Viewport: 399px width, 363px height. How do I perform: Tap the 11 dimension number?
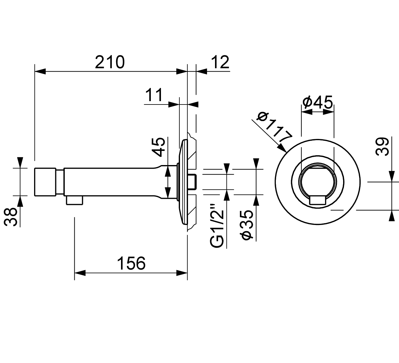[154, 95]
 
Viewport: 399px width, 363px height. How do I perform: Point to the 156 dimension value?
[131, 263]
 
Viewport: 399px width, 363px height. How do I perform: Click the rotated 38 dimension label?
[11, 217]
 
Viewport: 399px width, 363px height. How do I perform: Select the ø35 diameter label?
[247, 225]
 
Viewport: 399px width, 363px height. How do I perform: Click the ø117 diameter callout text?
[275, 128]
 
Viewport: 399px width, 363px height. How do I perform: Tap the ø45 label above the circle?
[318, 102]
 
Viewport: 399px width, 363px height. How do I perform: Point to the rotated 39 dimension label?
[382, 147]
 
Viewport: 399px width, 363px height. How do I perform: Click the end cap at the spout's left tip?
[45, 182]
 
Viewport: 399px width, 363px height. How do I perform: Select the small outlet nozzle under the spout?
[74, 200]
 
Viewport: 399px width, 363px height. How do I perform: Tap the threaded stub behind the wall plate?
[192, 182]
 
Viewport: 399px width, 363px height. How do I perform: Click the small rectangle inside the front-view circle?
[318, 200]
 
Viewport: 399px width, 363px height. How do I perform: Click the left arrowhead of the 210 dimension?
[40, 71]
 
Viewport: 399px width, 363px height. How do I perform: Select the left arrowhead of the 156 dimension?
[80, 273]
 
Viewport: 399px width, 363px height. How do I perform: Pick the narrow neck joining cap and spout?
[60, 182]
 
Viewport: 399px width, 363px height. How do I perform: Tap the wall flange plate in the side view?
[183, 182]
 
